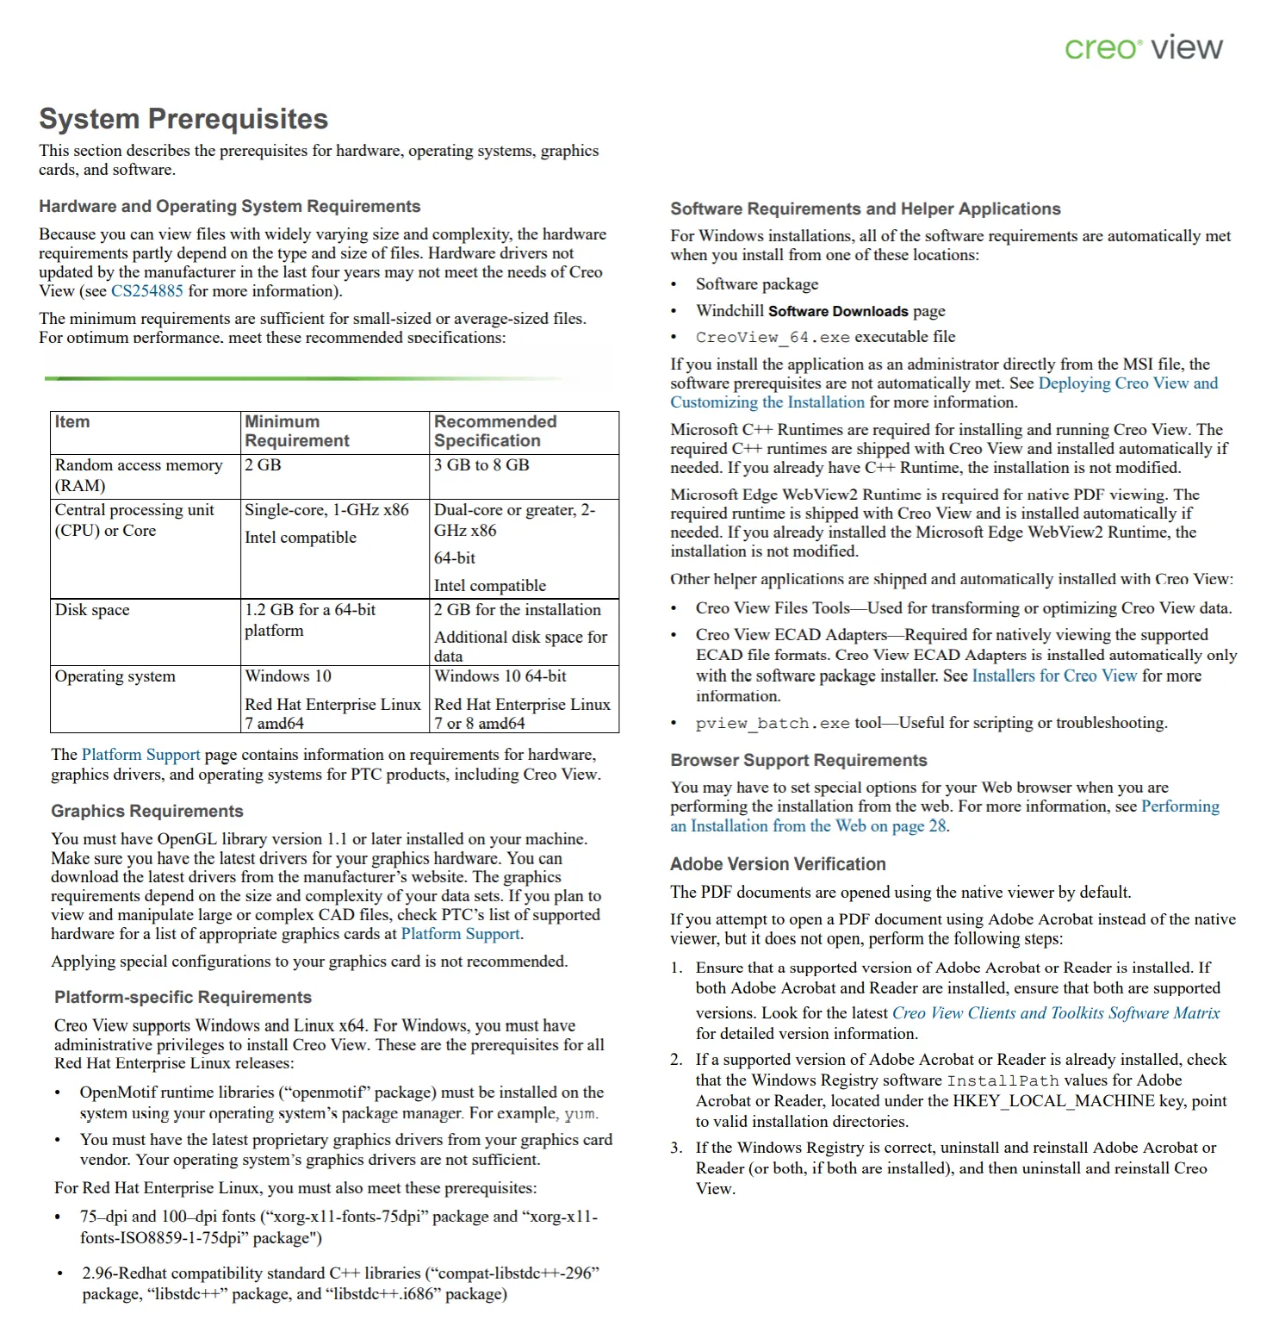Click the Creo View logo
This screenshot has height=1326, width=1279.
point(1143,47)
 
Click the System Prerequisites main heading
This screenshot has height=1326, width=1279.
point(183,119)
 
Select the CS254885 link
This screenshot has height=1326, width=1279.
point(147,291)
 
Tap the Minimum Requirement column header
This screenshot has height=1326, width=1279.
point(297,432)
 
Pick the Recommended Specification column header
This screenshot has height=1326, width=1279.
point(495,432)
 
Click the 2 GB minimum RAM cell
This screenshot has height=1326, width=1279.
point(264,465)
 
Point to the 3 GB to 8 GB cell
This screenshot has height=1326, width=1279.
point(481,465)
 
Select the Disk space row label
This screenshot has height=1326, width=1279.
point(92,610)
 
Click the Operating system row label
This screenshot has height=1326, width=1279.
point(115,676)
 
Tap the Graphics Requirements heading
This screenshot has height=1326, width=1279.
point(146,812)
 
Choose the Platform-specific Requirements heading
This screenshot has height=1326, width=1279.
point(183,998)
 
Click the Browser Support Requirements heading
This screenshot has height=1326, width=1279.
point(798,761)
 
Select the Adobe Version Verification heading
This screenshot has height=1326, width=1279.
point(778,864)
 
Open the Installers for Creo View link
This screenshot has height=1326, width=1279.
point(1054,676)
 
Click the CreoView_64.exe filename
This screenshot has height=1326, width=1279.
point(773,338)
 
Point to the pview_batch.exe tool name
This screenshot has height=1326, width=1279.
point(773,724)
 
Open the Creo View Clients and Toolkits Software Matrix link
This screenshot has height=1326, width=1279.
point(1056,1014)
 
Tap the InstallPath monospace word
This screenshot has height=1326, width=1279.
point(1003,1081)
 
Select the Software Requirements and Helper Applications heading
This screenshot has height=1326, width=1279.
point(866,209)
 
